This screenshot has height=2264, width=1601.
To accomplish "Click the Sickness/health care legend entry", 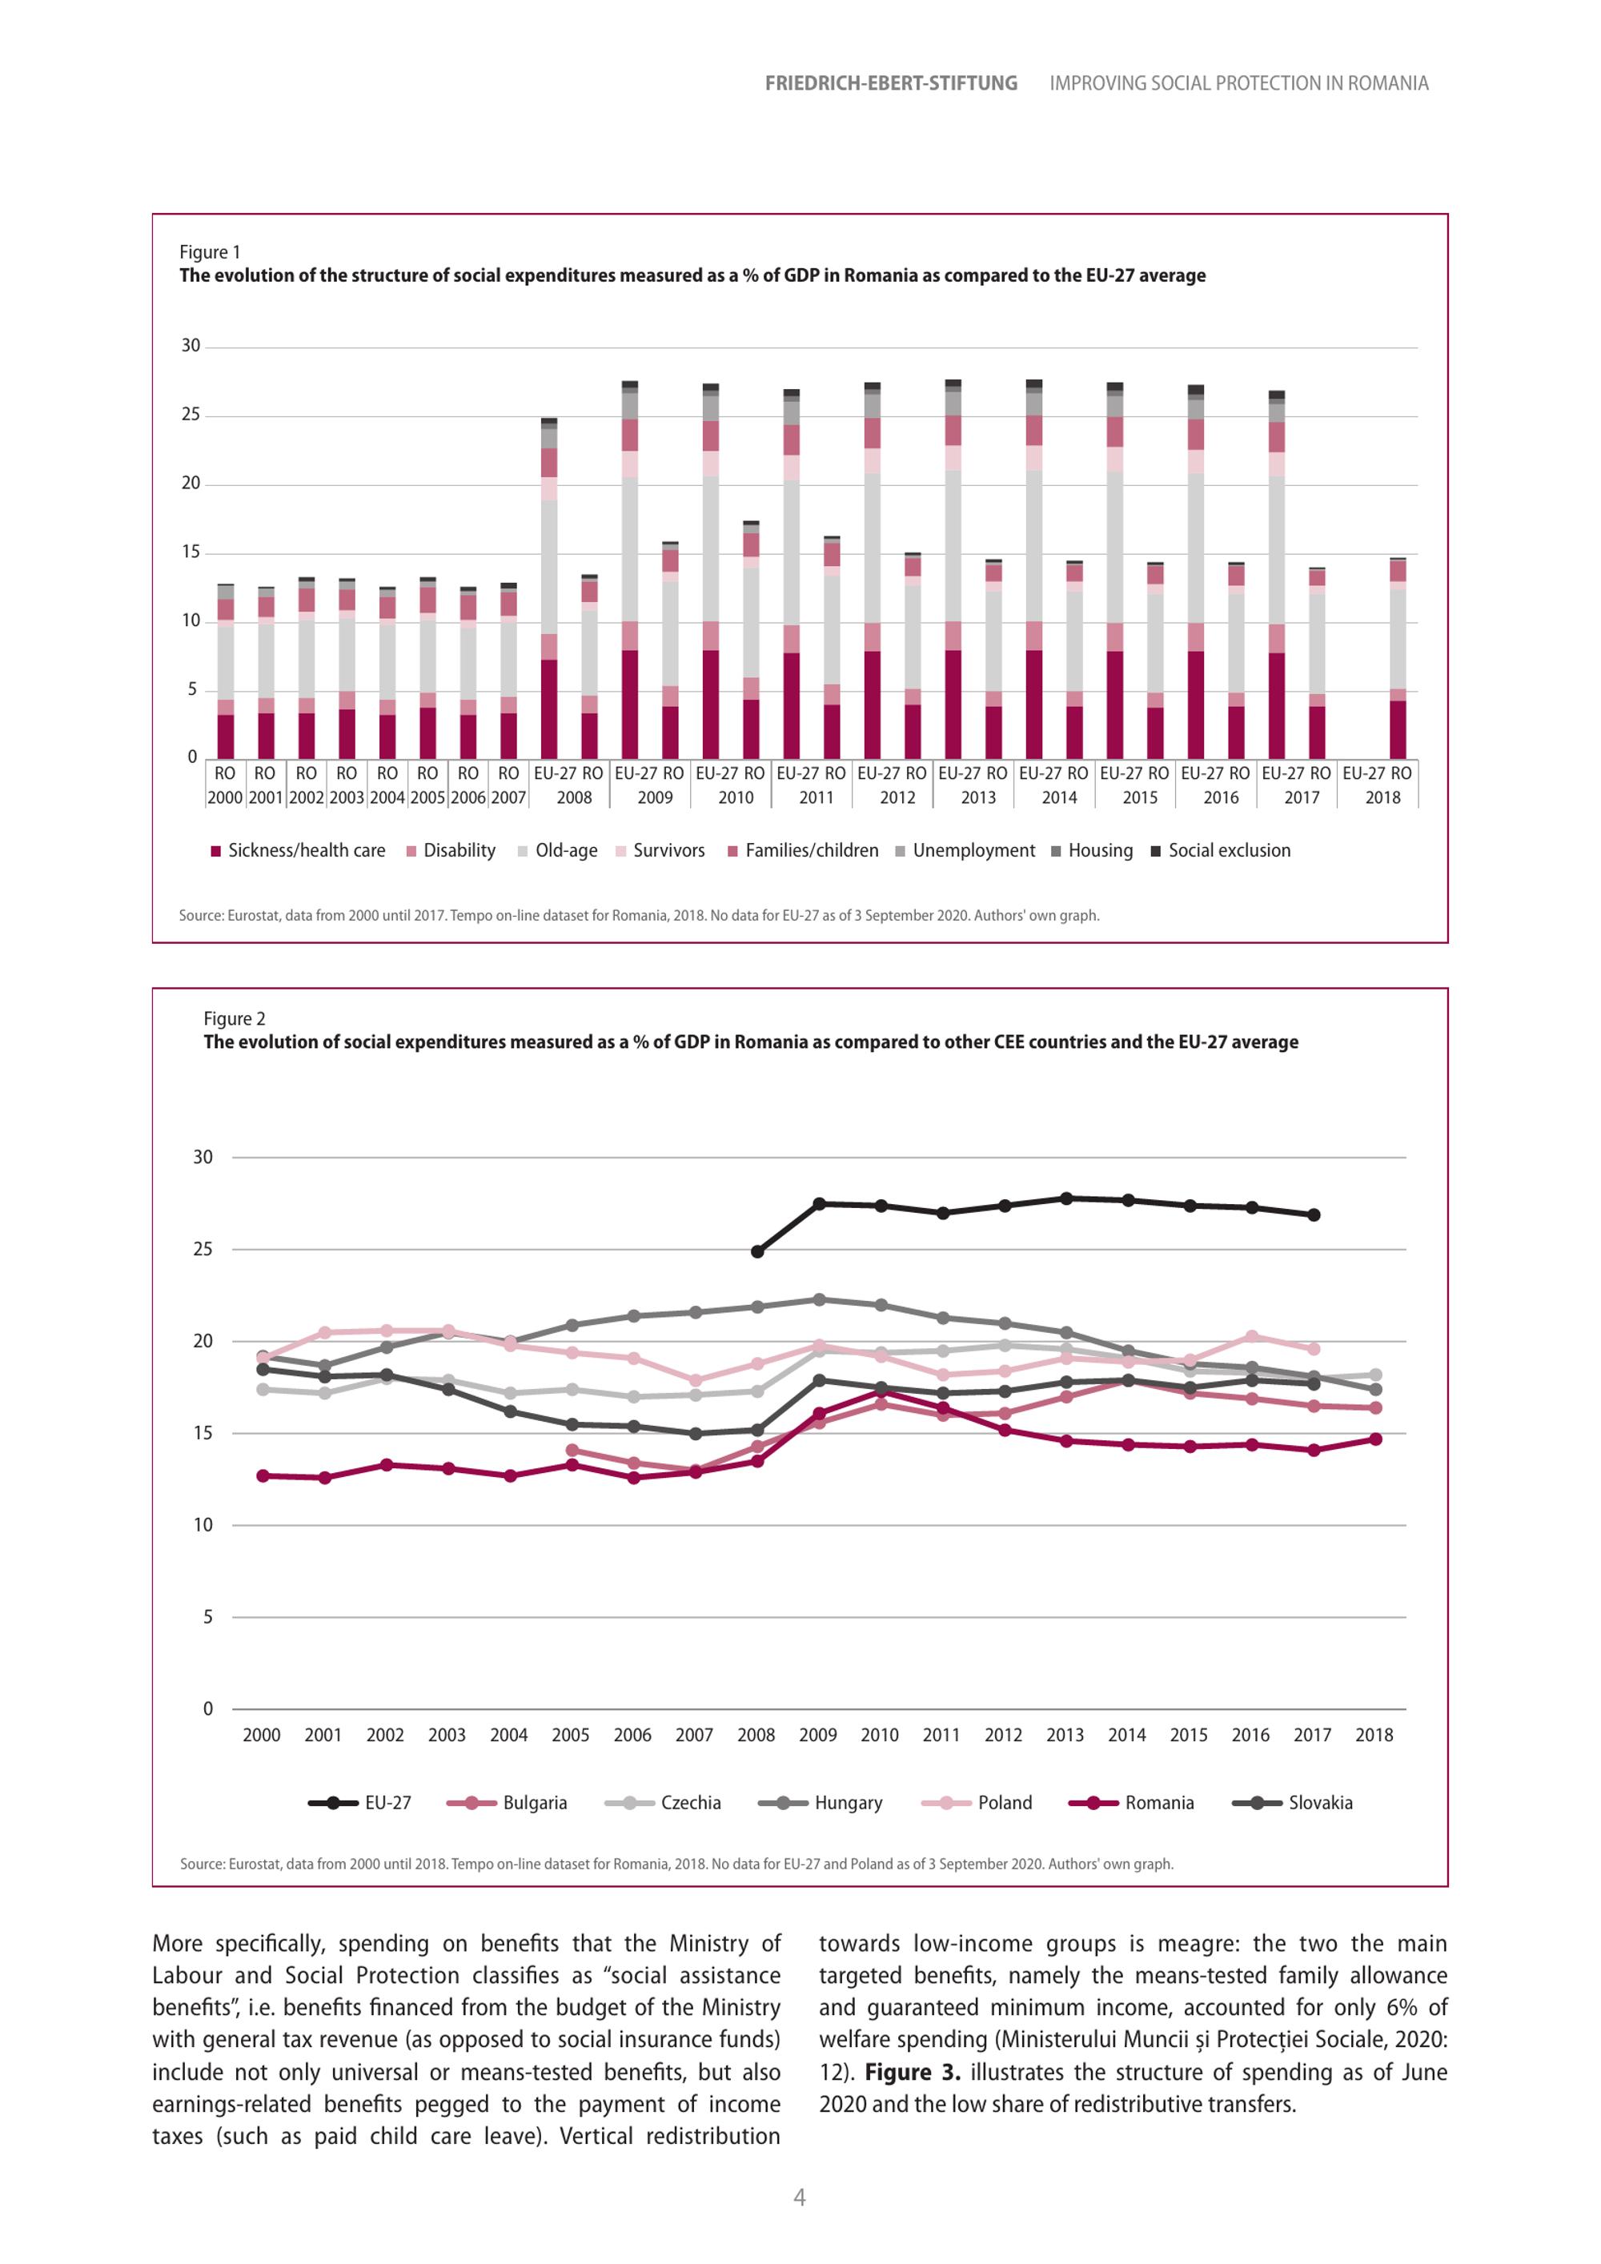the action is pyautogui.click(x=298, y=851).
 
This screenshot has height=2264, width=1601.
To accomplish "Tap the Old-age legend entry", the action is pyautogui.click(x=557, y=851).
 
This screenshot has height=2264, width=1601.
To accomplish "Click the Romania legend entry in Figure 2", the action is pyautogui.click(x=1132, y=1803).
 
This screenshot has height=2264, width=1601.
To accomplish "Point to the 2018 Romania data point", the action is pyautogui.click(x=1375, y=1439).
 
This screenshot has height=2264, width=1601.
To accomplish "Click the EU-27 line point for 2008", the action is pyautogui.click(x=757, y=1251).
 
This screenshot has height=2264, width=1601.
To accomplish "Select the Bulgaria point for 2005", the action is pyautogui.click(x=572, y=1451).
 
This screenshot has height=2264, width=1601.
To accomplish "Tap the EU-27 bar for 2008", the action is pyautogui.click(x=549, y=588).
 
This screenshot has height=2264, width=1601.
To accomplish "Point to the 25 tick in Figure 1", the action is pyautogui.click(x=191, y=415).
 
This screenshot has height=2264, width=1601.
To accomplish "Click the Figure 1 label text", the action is pyautogui.click(x=210, y=252).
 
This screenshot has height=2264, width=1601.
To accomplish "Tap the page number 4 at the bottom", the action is pyautogui.click(x=800, y=2197).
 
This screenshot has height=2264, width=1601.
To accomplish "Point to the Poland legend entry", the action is pyautogui.click(x=977, y=1803).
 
